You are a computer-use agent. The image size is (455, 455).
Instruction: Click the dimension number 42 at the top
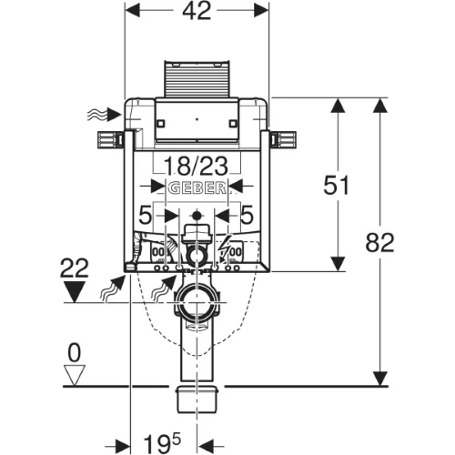point(197,11)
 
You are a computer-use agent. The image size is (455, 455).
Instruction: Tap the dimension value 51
point(336,185)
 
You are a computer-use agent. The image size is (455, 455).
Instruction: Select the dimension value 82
point(379,242)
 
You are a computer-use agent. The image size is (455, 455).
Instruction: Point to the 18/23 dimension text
point(196,166)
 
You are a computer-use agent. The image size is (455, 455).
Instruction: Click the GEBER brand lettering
point(197,188)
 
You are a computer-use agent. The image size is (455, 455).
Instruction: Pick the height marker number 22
point(75,268)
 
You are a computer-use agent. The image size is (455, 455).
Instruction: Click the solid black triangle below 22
point(75,291)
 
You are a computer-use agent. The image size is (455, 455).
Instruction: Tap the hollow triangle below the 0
point(75,376)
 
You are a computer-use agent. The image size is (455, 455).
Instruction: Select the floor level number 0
point(75,352)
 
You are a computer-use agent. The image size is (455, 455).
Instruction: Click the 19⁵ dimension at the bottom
point(162,443)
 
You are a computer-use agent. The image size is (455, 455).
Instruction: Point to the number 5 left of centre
point(145,215)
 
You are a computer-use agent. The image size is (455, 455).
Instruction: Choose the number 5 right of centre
point(247,215)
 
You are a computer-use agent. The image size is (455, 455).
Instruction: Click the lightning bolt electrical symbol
point(224,248)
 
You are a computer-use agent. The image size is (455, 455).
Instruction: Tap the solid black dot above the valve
point(197,216)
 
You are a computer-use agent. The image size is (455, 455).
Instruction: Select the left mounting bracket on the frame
point(110,140)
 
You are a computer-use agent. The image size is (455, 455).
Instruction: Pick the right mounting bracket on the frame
point(283,140)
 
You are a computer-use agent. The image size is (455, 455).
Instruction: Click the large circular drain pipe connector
point(197,302)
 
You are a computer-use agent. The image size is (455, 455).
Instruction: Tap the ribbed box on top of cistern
point(197,79)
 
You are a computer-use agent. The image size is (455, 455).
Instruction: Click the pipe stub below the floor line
point(197,399)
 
